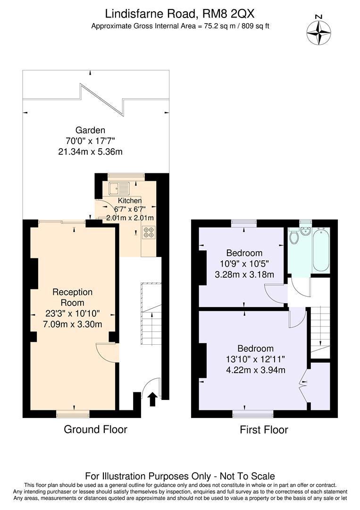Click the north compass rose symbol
click(318, 32)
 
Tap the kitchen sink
click(118, 189)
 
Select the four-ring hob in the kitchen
click(149, 232)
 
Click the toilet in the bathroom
click(294, 236)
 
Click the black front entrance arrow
click(152, 399)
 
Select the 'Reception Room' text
click(72, 297)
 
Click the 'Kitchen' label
click(129, 201)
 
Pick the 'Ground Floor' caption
click(95, 429)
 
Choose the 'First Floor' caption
click(264, 430)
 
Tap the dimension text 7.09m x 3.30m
click(72, 323)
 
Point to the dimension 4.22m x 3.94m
click(255, 370)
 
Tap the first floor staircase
click(320, 331)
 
